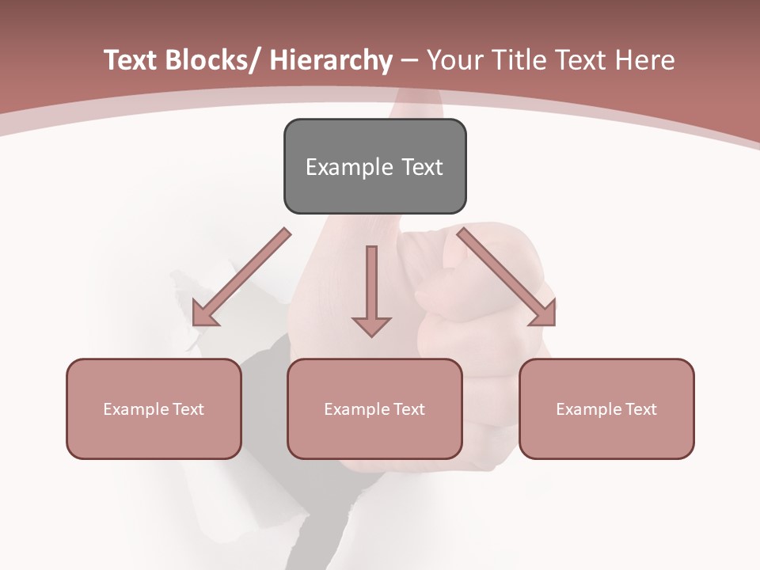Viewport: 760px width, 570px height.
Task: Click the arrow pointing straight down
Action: click(x=371, y=290)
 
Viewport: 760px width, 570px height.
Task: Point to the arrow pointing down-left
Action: click(x=241, y=277)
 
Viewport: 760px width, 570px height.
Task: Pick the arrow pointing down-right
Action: click(x=507, y=277)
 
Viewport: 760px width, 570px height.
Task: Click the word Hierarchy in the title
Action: click(x=331, y=60)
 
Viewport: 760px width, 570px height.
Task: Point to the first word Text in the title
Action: click(x=131, y=60)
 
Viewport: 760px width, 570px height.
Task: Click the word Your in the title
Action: click(x=454, y=60)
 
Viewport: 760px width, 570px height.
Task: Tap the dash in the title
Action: click(x=409, y=60)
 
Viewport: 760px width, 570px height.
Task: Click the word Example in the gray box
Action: click(x=349, y=167)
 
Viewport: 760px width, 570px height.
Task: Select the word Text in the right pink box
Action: click(x=640, y=409)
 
